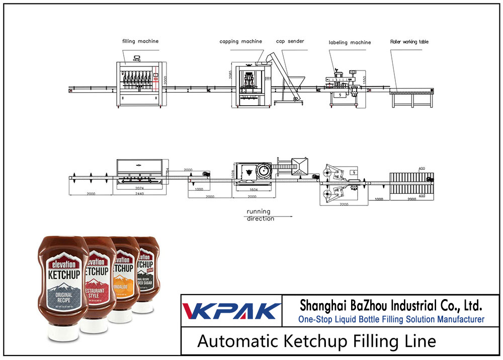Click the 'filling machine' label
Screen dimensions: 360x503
(x=140, y=41)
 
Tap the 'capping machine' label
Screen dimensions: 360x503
(x=240, y=41)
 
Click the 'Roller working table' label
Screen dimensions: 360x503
(x=409, y=42)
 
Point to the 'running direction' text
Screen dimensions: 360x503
(x=259, y=215)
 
